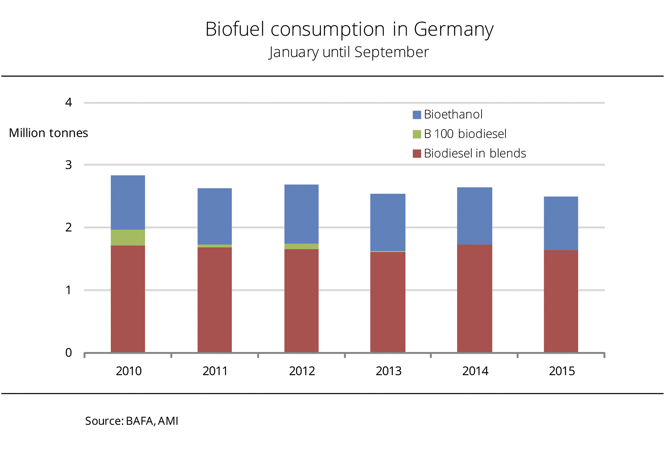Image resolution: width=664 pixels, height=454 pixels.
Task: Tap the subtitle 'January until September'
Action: click(349, 52)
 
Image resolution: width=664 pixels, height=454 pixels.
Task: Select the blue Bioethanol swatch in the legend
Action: click(417, 115)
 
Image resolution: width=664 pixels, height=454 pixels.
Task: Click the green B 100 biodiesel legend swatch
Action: click(417, 134)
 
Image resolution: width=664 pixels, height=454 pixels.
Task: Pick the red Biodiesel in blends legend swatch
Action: click(417, 154)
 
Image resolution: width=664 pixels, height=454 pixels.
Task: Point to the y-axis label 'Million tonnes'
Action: click(48, 133)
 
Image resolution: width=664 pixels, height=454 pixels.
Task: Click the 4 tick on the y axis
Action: click(68, 103)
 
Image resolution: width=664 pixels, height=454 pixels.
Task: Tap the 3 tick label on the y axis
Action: click(68, 165)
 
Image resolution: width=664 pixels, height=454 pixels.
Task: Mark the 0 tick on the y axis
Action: click(68, 353)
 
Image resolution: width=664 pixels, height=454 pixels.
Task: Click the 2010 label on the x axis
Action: click(129, 371)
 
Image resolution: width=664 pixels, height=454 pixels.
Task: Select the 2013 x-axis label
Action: click(388, 371)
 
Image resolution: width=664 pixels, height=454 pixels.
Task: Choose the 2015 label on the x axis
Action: click(562, 371)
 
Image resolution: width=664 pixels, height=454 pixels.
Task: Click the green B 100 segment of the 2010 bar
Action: click(128, 238)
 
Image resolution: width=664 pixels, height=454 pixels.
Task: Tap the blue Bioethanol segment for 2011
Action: click(215, 216)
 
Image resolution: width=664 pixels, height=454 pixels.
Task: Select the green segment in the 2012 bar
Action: click(302, 246)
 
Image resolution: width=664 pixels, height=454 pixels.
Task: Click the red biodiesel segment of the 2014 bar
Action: click(475, 298)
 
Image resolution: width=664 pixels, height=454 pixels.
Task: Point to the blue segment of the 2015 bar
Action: click(561, 223)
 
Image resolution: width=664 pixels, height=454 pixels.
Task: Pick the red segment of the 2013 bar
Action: click(388, 302)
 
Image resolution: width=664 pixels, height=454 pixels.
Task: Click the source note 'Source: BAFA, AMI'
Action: click(132, 421)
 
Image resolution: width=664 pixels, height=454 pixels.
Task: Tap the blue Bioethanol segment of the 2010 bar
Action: click(128, 203)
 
